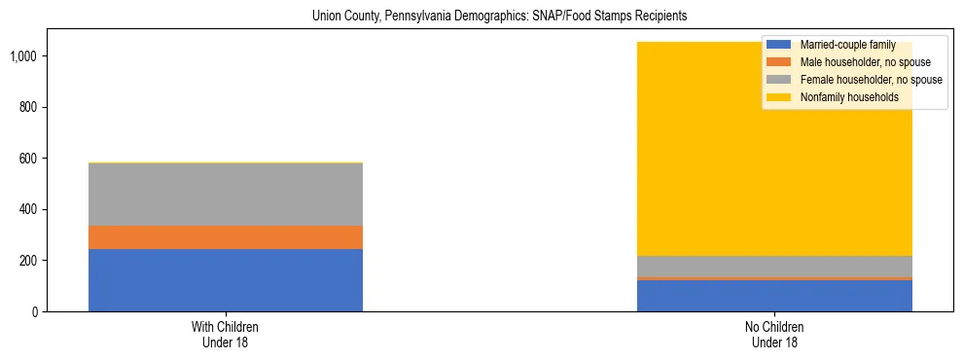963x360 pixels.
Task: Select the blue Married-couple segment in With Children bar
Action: tap(225, 280)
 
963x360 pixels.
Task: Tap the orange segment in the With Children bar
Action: tap(225, 237)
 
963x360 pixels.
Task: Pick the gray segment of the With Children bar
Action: tap(225, 195)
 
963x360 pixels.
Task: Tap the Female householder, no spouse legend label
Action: tap(870, 80)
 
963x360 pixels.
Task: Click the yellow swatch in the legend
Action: tap(780, 97)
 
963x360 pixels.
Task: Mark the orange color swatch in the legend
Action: tap(780, 62)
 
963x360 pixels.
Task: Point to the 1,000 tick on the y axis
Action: tap(23, 55)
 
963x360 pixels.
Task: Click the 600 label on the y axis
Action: tap(28, 159)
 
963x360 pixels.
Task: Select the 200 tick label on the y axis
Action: tap(28, 261)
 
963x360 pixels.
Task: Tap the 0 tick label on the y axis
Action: tap(34, 312)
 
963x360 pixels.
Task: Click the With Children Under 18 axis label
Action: tap(225, 335)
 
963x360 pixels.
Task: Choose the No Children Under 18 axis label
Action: tap(774, 335)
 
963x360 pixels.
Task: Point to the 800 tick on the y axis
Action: tap(28, 107)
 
